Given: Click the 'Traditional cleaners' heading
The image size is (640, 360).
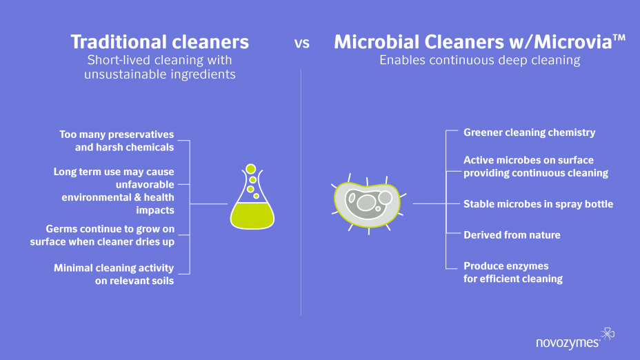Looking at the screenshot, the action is click(x=159, y=41).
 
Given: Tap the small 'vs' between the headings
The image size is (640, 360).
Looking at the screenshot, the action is click(x=301, y=43).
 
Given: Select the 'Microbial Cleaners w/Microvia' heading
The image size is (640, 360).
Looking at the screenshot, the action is click(x=474, y=41).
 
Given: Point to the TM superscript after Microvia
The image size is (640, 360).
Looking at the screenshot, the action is click(x=619, y=38).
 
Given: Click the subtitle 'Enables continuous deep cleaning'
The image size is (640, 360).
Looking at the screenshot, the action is click(x=479, y=60).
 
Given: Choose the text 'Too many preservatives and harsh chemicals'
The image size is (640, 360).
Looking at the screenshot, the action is click(x=117, y=141).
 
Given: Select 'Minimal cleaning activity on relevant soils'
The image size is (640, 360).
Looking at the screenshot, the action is click(x=114, y=274).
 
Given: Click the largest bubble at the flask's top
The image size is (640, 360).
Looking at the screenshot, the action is click(x=250, y=168).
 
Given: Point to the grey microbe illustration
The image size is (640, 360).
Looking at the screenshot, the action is click(x=368, y=203).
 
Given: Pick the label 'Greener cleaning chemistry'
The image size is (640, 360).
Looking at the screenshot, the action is click(x=530, y=132).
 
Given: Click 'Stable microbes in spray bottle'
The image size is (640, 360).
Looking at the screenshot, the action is click(x=539, y=204).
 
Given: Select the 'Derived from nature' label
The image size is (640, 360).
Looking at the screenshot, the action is click(x=512, y=234).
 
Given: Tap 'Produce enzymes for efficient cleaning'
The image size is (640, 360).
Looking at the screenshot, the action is click(x=513, y=272).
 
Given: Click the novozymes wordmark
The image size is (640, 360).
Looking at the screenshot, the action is click(x=568, y=343).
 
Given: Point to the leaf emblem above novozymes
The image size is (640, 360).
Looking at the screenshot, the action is click(x=608, y=334).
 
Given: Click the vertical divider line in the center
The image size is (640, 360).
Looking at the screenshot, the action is click(x=301, y=192).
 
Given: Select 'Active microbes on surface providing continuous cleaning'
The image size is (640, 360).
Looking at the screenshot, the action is click(x=536, y=166).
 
